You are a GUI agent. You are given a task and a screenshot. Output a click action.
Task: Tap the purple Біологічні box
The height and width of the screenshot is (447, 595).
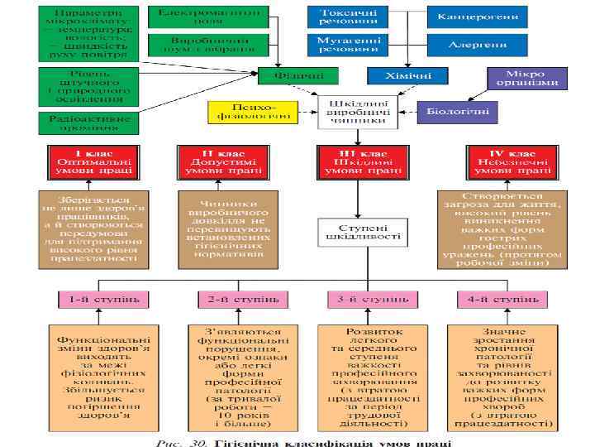(457, 110)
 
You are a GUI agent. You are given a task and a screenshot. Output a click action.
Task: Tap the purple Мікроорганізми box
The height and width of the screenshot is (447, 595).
(526, 78)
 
